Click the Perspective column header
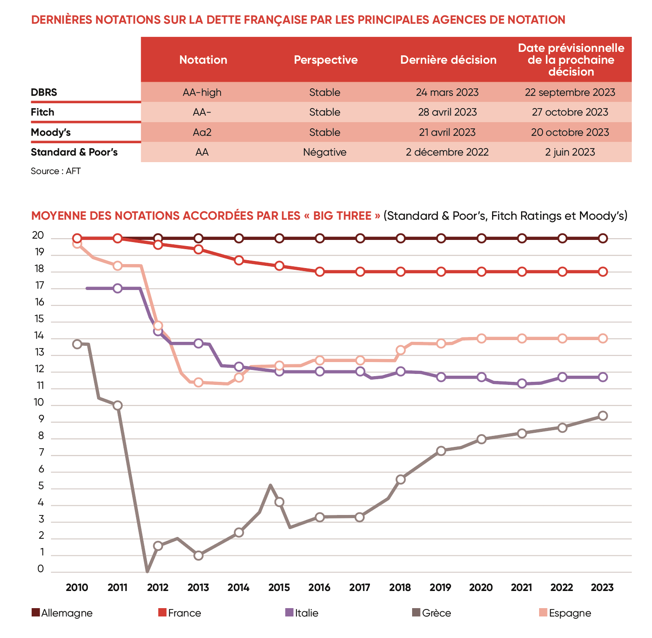click(x=326, y=60)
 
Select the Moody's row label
click(x=51, y=132)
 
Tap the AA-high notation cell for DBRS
click(x=202, y=92)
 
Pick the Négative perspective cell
click(x=325, y=152)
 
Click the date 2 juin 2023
click(x=570, y=152)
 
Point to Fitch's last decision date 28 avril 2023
click(x=447, y=112)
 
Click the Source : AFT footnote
click(x=56, y=171)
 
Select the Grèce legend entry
click(x=436, y=613)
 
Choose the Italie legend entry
click(x=306, y=613)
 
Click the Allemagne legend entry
click(x=66, y=613)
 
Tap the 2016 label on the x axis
click(x=319, y=587)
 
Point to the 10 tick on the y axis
click(x=40, y=402)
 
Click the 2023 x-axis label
click(x=602, y=587)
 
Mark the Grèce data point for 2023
click(x=603, y=416)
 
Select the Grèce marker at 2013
click(x=198, y=555)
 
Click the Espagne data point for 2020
click(x=482, y=338)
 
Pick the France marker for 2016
click(x=320, y=272)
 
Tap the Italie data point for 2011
click(x=117, y=288)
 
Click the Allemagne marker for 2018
click(x=401, y=239)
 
